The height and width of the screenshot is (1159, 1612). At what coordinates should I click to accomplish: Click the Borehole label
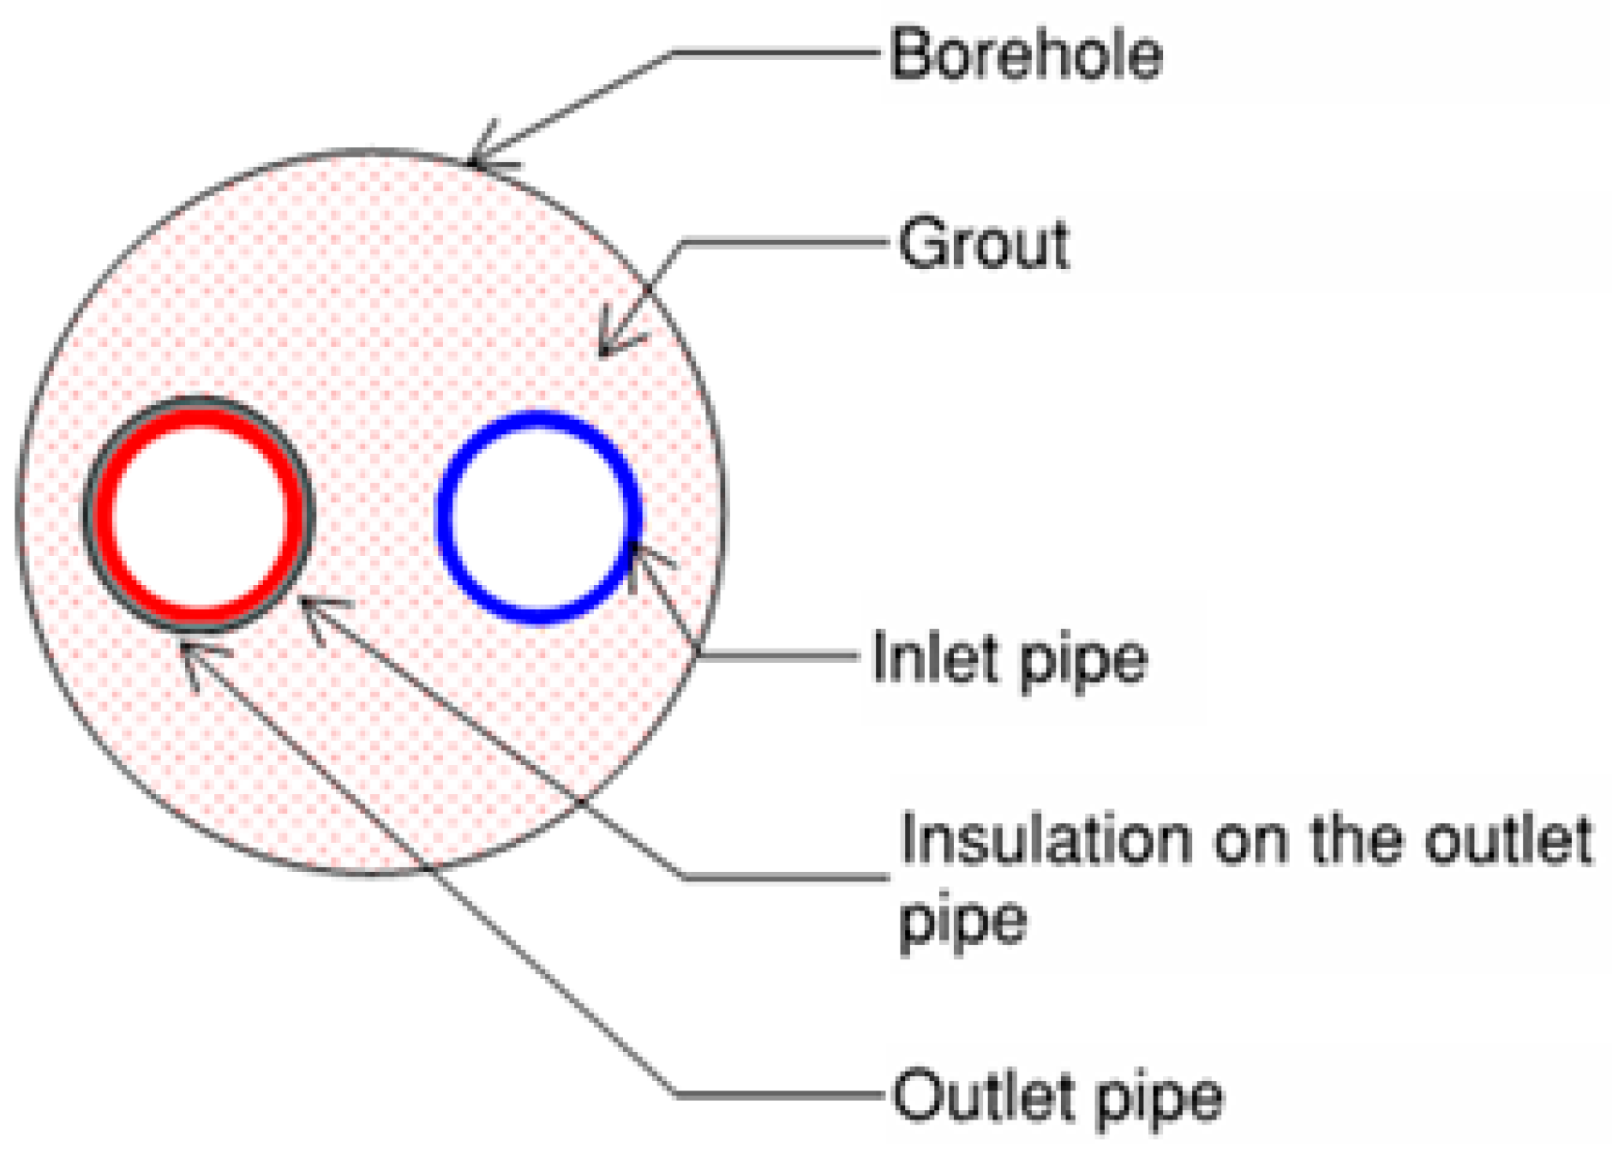1026,55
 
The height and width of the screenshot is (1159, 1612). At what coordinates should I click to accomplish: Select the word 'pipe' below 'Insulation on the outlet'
962,923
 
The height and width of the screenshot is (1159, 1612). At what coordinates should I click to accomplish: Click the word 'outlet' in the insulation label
1507,840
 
